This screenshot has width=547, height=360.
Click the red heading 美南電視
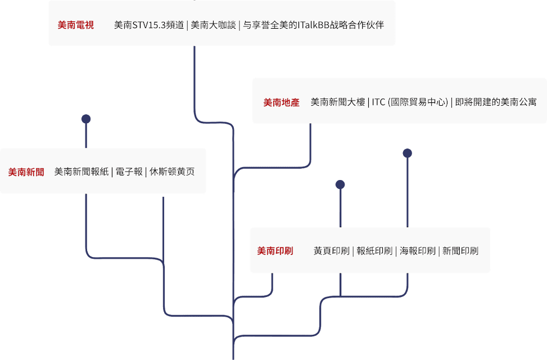[x=76, y=25]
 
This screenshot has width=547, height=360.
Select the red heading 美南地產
[x=282, y=102]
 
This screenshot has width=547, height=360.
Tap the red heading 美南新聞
[x=26, y=172]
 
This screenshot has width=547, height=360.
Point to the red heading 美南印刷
[x=275, y=251]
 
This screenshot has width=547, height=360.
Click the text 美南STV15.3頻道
[x=149, y=25]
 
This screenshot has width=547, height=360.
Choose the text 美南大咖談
[x=213, y=25]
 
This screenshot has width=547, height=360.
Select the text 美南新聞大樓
[x=338, y=102]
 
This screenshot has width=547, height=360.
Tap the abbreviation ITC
[x=378, y=102]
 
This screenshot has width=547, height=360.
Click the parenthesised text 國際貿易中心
[x=418, y=102]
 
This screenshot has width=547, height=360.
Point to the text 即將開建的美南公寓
[x=496, y=102]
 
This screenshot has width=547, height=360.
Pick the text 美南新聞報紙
[x=82, y=172]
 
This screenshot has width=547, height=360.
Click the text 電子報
[x=129, y=172]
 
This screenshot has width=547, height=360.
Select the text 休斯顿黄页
[x=172, y=172]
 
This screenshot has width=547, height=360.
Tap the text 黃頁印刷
[x=332, y=251]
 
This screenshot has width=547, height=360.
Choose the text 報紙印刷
[x=374, y=251]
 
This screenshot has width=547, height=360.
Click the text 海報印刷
[x=418, y=251]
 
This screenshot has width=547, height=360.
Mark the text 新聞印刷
[x=460, y=251]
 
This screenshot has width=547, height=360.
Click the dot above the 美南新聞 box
[x=86, y=119]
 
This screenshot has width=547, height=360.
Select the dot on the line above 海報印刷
[x=408, y=153]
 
